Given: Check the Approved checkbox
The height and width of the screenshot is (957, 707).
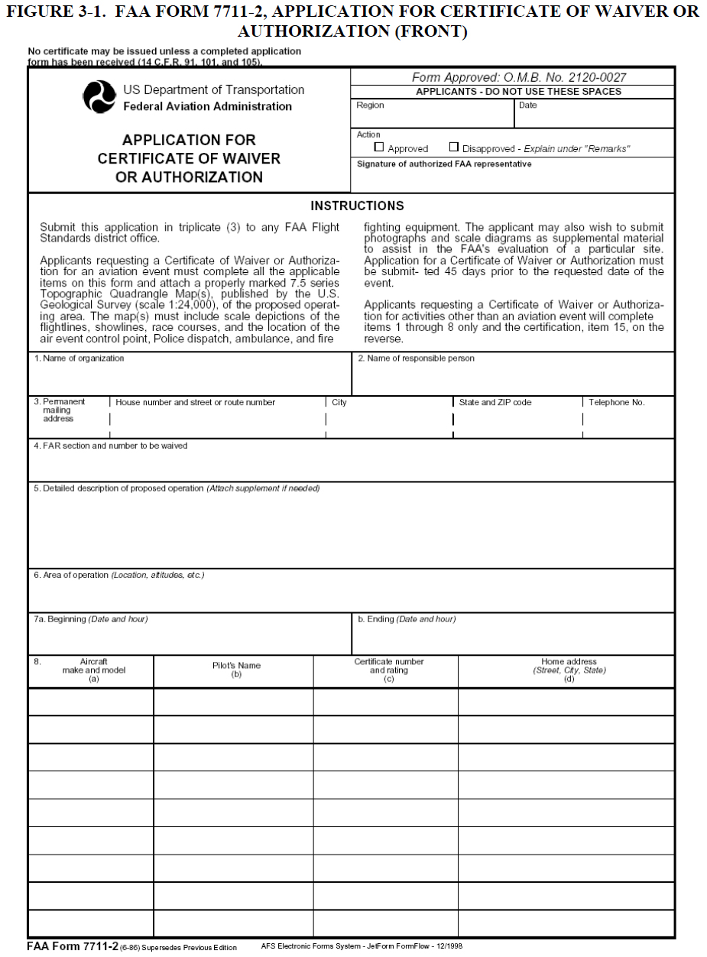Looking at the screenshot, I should pyautogui.click(x=378, y=148).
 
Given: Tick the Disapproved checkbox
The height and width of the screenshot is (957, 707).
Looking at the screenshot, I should pyautogui.click(x=454, y=148).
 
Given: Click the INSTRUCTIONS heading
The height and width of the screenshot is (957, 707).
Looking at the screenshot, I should pyautogui.click(x=357, y=206).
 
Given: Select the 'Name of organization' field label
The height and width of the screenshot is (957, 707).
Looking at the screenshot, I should pyautogui.click(x=79, y=358).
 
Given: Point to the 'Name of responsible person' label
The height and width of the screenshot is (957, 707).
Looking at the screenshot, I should pyautogui.click(x=416, y=358).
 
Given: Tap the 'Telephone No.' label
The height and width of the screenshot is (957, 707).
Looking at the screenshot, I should pyautogui.click(x=616, y=402).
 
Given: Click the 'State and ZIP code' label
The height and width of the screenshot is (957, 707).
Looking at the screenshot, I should pyautogui.click(x=495, y=402).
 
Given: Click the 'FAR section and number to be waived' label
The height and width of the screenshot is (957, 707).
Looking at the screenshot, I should pyautogui.click(x=110, y=446).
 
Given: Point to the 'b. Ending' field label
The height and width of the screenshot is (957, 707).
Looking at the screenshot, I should pyautogui.click(x=407, y=619).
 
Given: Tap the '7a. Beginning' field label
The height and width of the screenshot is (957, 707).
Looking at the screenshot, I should pyautogui.click(x=90, y=619).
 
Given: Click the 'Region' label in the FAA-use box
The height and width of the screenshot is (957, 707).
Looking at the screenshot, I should pyautogui.click(x=370, y=105).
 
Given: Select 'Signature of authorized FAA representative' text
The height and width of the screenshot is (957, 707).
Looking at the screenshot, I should pyautogui.click(x=443, y=164).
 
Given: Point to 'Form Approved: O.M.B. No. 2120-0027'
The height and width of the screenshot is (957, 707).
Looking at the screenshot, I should pyautogui.click(x=512, y=78).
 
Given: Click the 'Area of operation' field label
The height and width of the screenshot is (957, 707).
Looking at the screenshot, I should pyautogui.click(x=118, y=575).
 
